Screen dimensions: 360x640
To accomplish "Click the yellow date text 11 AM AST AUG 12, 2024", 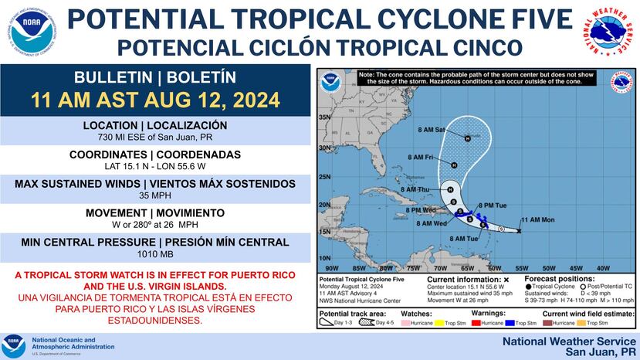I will pyautogui.click(x=155, y=101).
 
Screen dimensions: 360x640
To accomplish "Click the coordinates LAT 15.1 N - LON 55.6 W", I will pyautogui.click(x=155, y=167).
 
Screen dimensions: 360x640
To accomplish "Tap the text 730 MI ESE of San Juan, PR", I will pyautogui.click(x=155, y=138).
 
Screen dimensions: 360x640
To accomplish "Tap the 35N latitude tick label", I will pyautogui.click(x=325, y=117).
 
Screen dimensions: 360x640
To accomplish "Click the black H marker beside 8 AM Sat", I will pyautogui.click(x=467, y=138).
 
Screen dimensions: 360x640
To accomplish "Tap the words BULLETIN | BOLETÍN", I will pyautogui.click(x=155, y=78).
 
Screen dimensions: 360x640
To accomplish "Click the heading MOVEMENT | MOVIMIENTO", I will pyautogui.click(x=155, y=213).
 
